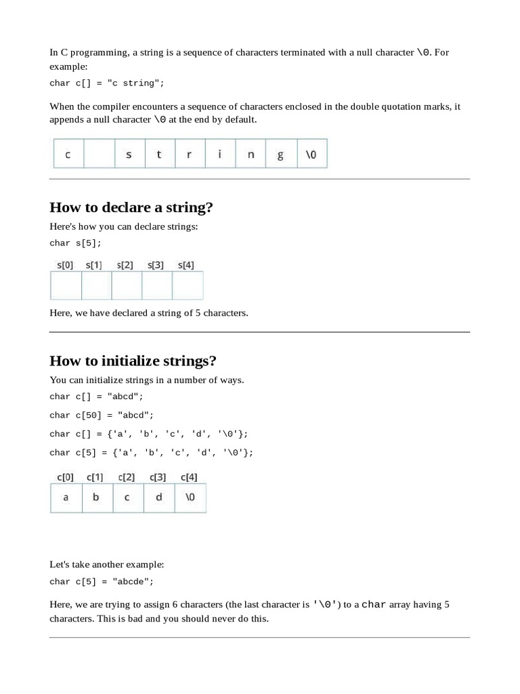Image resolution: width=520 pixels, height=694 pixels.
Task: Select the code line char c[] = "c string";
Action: [x=106, y=83]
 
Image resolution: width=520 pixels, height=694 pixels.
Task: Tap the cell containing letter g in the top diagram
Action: [x=280, y=155]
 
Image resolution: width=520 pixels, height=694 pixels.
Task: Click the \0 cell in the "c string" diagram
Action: [x=311, y=155]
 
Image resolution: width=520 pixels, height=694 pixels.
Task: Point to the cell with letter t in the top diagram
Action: [x=159, y=155]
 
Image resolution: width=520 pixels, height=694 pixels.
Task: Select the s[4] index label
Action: [x=186, y=265]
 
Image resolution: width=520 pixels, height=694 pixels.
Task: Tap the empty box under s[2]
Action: [x=127, y=286]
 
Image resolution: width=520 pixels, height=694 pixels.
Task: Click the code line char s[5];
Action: [x=75, y=243]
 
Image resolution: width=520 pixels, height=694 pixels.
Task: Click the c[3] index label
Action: [x=158, y=477]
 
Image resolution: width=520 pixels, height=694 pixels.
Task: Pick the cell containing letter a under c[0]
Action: [x=66, y=497]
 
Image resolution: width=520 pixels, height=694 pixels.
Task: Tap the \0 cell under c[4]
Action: [x=190, y=497]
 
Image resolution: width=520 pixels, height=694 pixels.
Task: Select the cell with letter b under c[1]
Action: [x=96, y=497]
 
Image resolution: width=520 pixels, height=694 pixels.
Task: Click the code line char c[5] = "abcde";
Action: [x=102, y=581]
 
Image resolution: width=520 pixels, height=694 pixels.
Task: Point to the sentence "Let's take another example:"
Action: [x=107, y=564]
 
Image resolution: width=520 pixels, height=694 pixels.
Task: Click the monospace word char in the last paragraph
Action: [x=374, y=605]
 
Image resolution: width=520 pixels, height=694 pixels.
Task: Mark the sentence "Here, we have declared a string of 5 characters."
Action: [x=149, y=313]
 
